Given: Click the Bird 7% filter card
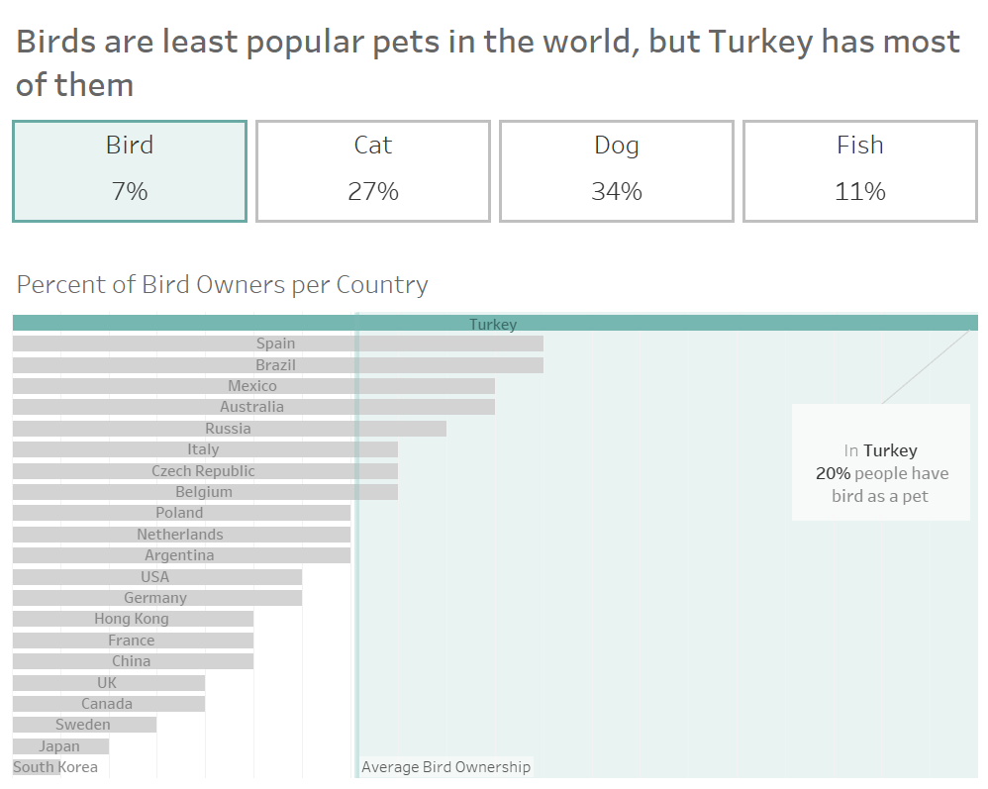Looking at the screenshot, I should click(130, 170).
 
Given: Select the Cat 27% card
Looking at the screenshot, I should click(373, 170).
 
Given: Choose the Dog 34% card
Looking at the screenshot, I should click(616, 170).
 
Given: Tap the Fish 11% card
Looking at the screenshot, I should click(859, 170).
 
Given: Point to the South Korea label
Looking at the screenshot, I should click(55, 767).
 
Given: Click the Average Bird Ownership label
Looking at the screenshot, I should click(445, 767).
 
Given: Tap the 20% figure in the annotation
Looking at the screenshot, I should click(833, 473).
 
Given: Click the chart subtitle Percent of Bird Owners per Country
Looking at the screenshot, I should click(223, 285).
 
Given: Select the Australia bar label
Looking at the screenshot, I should click(252, 407).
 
